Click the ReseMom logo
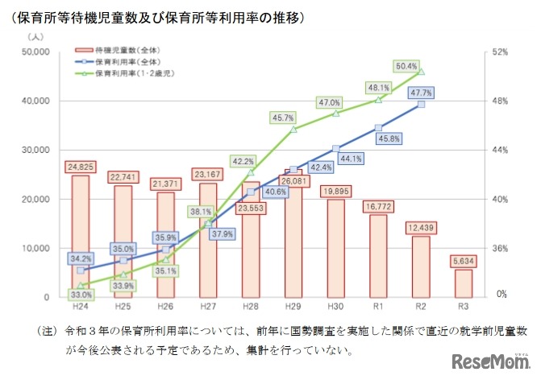click(492, 361)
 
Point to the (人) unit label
click(35, 37)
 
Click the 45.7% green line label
click(283, 118)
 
